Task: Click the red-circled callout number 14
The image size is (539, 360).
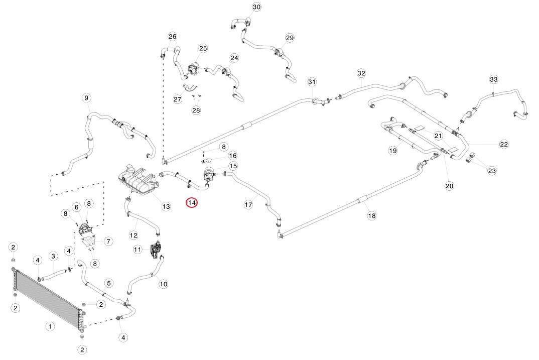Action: coord(192,202)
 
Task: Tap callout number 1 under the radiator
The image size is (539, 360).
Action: coord(50,326)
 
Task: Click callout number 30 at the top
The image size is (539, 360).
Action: coord(256,7)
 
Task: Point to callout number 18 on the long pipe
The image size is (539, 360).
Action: coord(371,215)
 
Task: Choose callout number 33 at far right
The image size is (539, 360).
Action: coord(493,79)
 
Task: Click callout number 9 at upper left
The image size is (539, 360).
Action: coord(86,97)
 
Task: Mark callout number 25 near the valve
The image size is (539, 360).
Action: coord(203,48)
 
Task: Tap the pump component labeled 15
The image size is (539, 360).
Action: coord(208,174)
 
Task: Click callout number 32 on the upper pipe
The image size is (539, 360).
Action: coord(361,73)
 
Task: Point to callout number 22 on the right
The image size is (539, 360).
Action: coord(504,144)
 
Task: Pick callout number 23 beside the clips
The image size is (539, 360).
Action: coord(492,171)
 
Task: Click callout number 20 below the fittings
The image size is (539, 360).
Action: coord(449,186)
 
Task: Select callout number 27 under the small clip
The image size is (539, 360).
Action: coord(177,99)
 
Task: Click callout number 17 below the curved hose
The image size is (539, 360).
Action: coord(248,205)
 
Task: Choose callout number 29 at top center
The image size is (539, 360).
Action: coord(290,38)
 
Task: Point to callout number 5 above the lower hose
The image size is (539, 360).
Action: coord(109,284)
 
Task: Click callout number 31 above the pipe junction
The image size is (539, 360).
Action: coord(312,82)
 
